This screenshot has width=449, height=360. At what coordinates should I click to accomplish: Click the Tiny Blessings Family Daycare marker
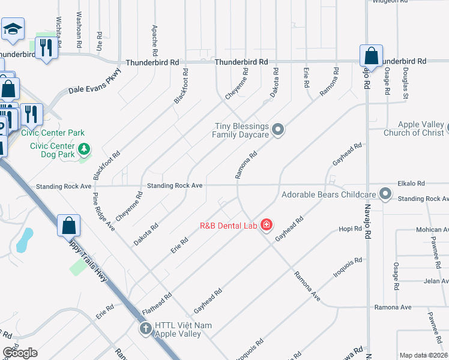277,130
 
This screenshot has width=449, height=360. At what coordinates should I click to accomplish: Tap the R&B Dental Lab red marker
267,226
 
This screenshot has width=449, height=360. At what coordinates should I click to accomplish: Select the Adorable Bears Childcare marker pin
385,194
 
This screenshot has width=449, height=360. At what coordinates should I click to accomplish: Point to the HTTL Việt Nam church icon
146,328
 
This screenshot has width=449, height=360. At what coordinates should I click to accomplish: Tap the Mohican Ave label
432,230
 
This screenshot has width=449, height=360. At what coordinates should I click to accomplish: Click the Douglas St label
406,83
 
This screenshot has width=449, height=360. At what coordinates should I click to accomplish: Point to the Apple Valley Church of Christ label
412,128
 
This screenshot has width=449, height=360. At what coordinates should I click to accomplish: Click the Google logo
20,353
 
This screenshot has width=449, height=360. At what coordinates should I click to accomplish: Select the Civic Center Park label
53,133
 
